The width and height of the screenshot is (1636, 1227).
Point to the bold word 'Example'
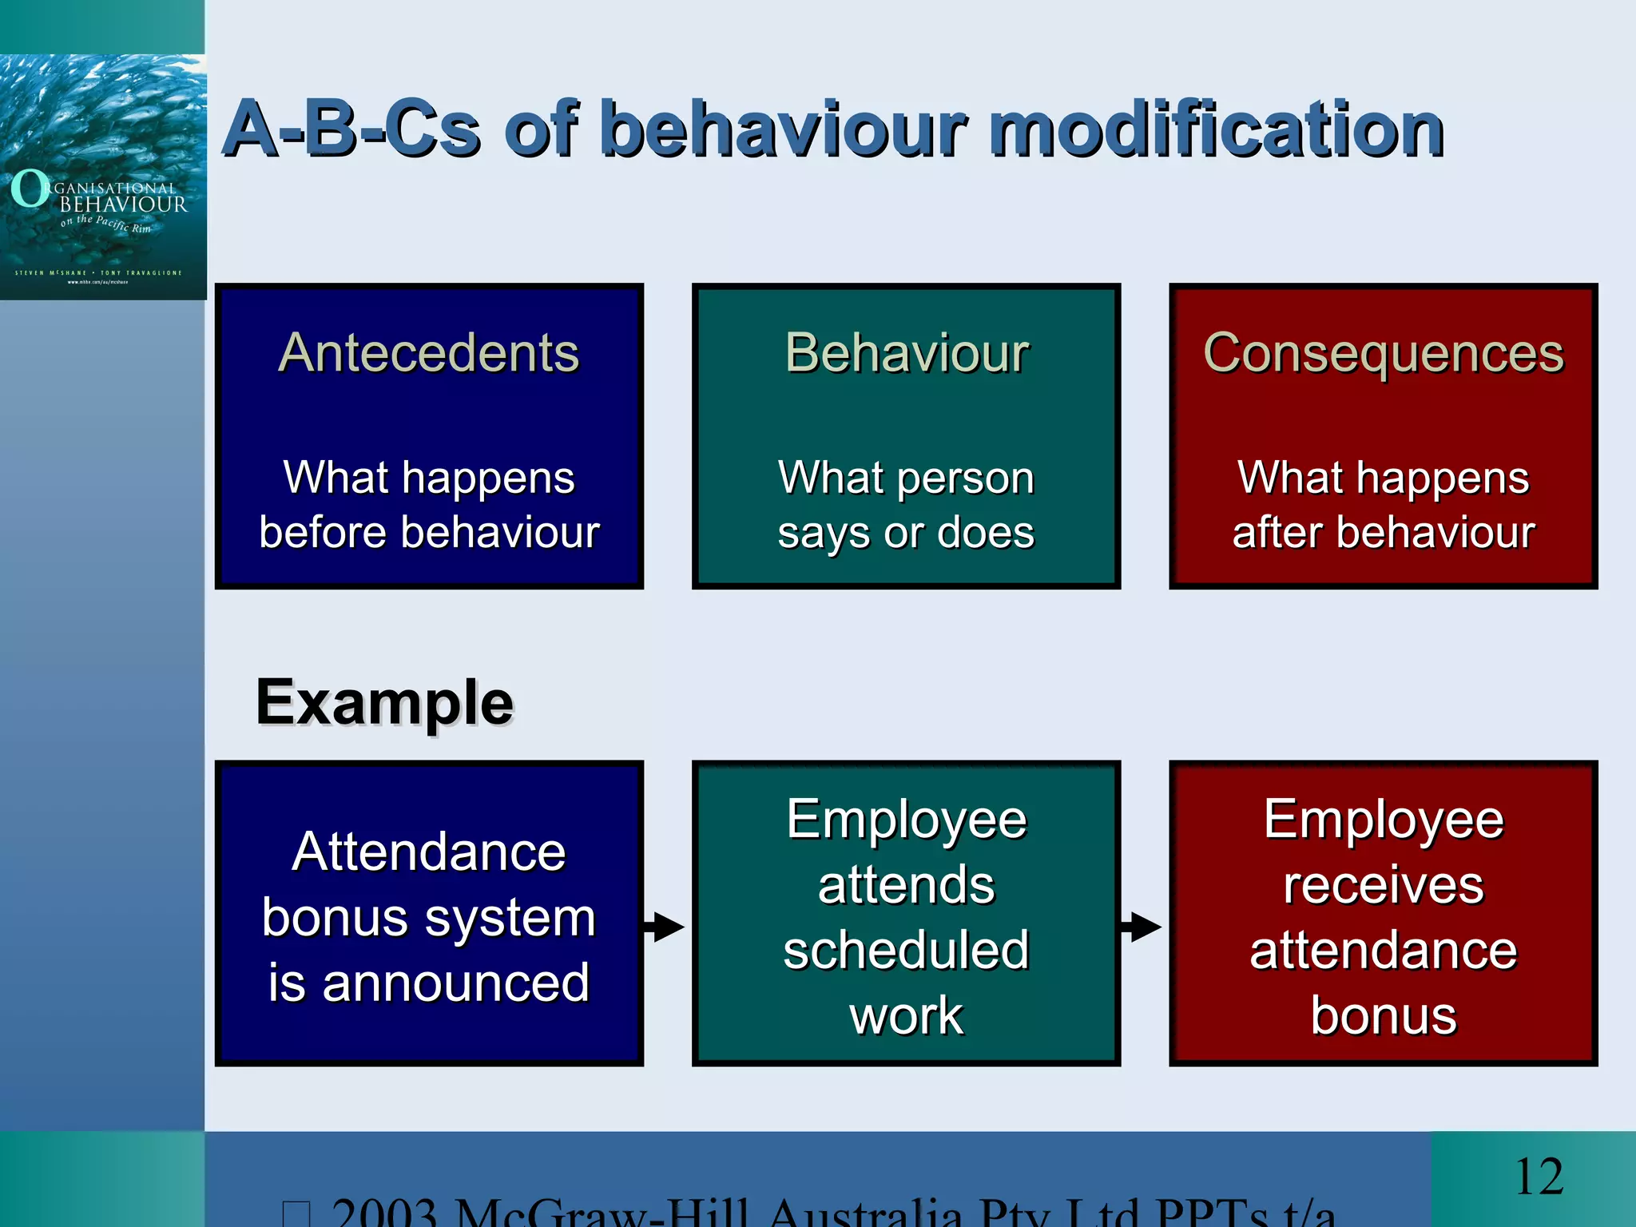(x=384, y=702)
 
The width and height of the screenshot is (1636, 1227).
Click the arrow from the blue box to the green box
(x=665, y=927)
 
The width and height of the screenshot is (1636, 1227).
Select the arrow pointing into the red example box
(x=1142, y=927)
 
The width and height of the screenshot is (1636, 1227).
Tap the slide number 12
(x=1539, y=1177)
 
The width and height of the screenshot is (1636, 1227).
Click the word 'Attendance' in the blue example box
(x=429, y=852)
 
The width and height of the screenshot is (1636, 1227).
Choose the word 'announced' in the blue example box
(x=455, y=983)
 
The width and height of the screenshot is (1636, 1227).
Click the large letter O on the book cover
(x=30, y=189)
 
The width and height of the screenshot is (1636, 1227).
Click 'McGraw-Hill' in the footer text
(x=603, y=1213)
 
